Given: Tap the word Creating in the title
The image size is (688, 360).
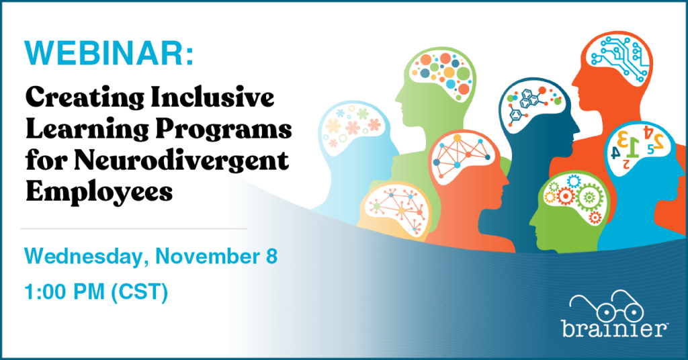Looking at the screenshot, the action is (x=84, y=97).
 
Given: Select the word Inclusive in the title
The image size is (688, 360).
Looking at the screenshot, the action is (x=212, y=97).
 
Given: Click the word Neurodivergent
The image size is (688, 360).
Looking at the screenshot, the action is (x=181, y=161).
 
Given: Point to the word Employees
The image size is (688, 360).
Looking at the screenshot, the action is (x=99, y=192).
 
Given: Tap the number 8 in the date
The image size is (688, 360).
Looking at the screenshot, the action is (x=271, y=257).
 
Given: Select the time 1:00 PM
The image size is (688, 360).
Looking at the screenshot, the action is (x=64, y=292).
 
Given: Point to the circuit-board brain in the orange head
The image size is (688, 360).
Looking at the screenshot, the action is (x=619, y=58).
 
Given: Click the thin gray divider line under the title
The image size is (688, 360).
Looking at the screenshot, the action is (x=134, y=228).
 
